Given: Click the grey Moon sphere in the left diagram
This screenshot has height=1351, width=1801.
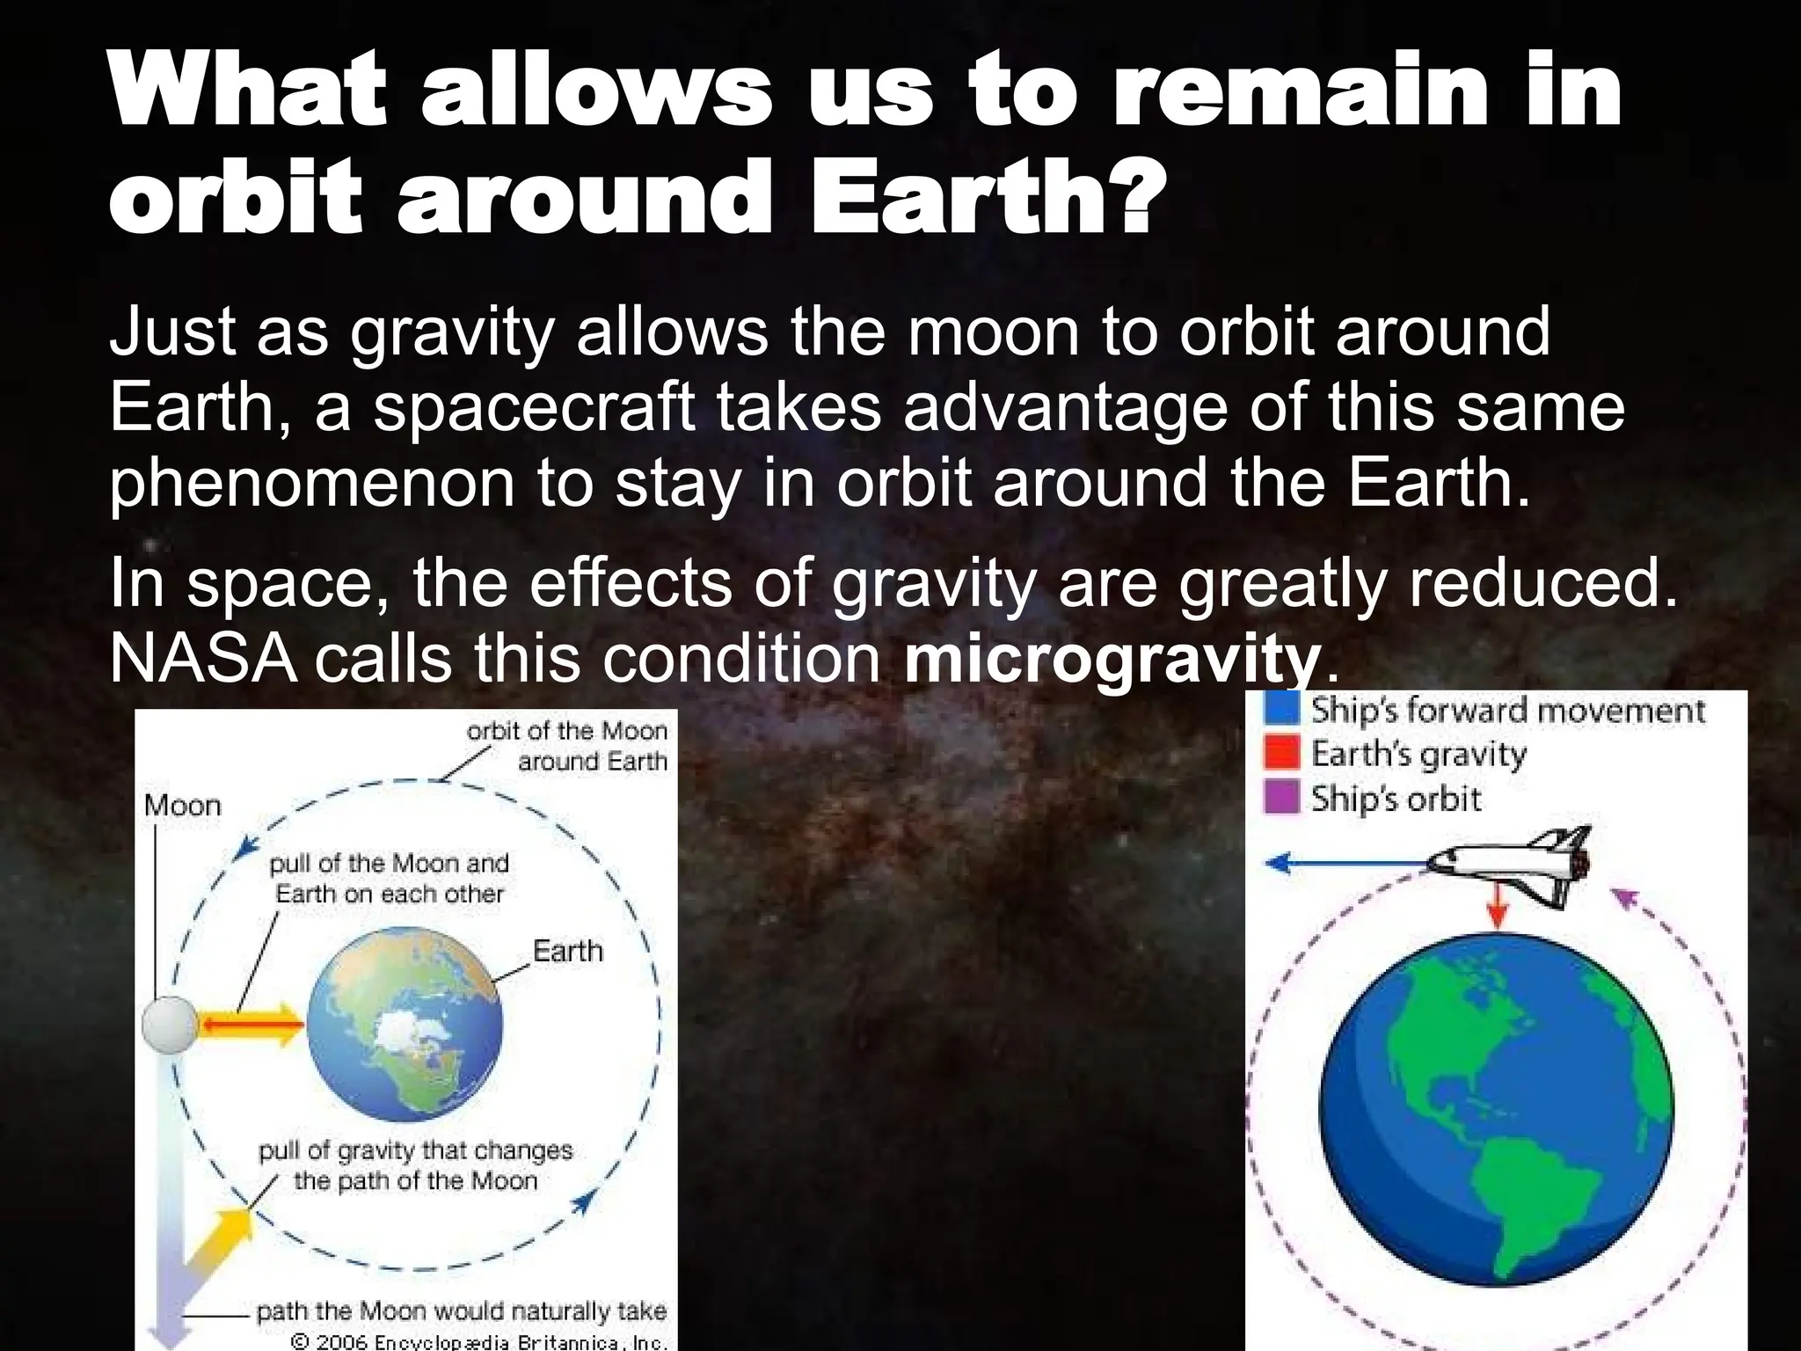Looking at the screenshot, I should coord(168,1026).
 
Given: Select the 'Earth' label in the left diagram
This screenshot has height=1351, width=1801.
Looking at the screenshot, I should coord(567,951).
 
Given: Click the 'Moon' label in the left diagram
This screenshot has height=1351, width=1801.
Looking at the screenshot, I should coord(182,805).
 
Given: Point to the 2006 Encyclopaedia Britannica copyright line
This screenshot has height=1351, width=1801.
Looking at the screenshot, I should coord(478,1342).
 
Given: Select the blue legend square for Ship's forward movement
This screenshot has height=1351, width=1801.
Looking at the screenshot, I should coord(1281,708).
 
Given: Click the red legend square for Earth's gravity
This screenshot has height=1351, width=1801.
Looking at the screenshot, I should coord(1281,753).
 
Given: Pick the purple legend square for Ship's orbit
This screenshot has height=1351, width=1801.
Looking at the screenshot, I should coord(1281,798).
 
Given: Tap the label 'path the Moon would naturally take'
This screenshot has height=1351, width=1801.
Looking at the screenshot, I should coord(461,1312).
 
